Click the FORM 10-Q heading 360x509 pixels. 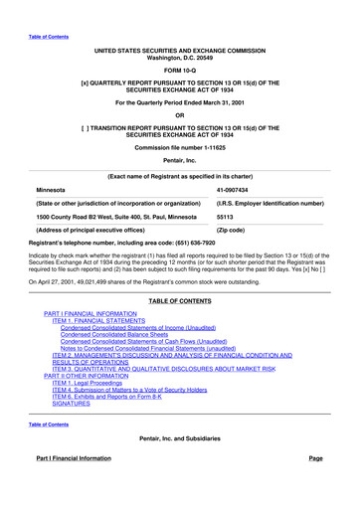[180, 71]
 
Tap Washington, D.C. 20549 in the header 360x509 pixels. [180, 56]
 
